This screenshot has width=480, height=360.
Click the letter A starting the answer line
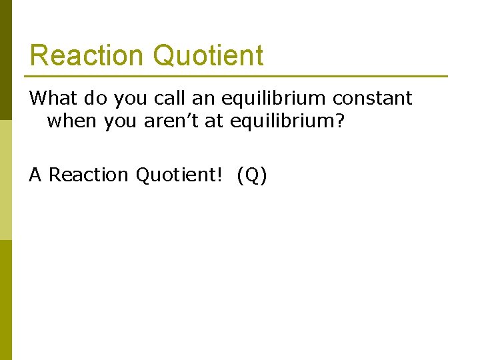[35, 175]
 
